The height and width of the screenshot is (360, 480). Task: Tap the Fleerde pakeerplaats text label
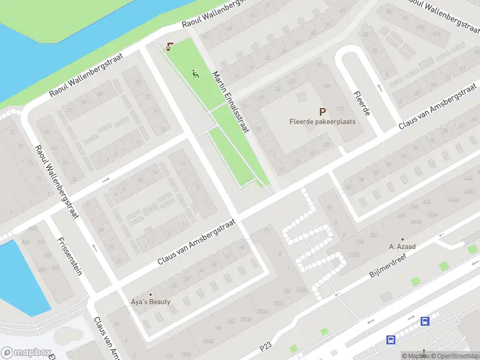click(322, 121)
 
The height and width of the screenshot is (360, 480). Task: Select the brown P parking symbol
click(322, 111)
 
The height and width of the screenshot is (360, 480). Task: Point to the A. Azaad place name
click(403, 246)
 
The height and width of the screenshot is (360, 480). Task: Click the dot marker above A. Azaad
click(403, 239)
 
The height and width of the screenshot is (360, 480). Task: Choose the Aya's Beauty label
click(151, 302)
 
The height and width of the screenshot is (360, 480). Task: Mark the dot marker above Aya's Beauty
click(151, 294)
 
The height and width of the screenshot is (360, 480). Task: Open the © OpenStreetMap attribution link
click(455, 356)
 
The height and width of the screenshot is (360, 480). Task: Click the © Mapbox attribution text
click(416, 356)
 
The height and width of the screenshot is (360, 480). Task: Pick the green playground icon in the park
click(195, 74)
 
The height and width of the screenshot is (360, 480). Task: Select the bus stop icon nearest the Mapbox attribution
click(391, 340)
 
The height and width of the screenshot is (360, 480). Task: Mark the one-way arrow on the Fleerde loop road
click(379, 88)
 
